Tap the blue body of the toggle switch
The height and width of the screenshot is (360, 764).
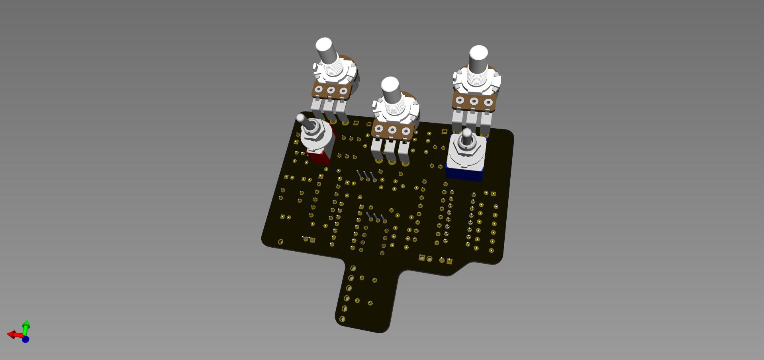(x=464, y=174)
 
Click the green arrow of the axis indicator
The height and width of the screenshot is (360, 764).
(x=26, y=326)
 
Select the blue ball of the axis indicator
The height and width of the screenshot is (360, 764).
(x=25, y=339)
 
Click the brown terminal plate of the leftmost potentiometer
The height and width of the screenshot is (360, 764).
(x=331, y=90)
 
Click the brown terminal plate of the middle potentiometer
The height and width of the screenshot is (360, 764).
(x=392, y=130)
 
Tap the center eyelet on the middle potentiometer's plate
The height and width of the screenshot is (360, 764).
(x=392, y=130)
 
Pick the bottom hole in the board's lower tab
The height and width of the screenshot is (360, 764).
(x=342, y=319)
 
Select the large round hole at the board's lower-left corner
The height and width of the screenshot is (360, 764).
(x=280, y=242)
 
